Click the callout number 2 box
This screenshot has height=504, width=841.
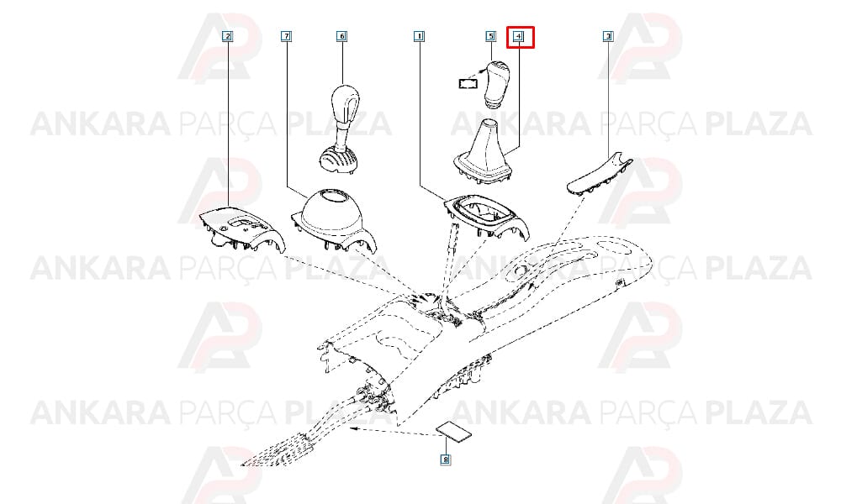228,36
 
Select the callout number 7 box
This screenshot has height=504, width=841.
287,36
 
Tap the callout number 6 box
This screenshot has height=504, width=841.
341,36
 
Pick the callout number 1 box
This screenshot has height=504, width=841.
420,36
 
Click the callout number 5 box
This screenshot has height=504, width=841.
491,36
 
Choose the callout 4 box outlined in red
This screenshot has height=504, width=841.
521,37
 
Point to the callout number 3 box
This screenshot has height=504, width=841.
608,36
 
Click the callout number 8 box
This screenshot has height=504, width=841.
445,459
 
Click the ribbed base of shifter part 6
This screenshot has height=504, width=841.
337,160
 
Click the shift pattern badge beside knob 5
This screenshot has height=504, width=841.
468,83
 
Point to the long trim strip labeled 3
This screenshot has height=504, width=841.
600,174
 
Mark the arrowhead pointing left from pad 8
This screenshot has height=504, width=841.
353,428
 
